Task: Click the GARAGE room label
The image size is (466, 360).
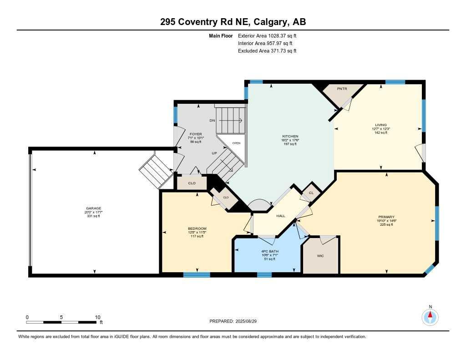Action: point(94,208)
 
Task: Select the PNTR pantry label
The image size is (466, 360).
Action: point(342,89)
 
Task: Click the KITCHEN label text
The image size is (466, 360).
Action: point(289,137)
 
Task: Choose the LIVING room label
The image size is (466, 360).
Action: point(380,125)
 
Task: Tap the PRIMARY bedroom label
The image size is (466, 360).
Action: point(385,217)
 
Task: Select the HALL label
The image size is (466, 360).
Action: point(281,216)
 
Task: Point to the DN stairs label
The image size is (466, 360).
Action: point(212,121)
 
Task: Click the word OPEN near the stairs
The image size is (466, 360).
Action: point(236,143)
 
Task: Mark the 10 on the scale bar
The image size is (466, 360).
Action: point(97,317)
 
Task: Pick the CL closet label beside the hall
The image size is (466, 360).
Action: point(311,193)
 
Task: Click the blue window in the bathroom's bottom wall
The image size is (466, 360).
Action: point(264,274)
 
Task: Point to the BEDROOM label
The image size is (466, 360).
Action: point(198,228)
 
